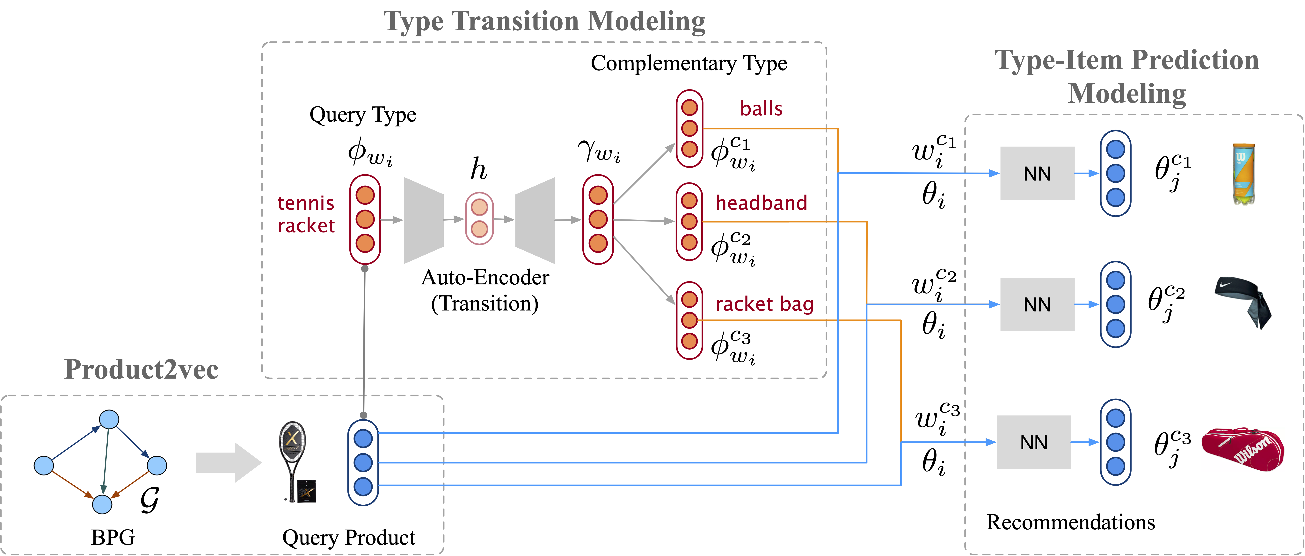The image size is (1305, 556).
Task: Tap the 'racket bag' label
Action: [764, 304]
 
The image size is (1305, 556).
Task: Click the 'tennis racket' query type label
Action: [306, 214]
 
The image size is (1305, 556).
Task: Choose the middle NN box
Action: [1037, 304]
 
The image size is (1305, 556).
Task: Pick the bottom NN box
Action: [1033, 442]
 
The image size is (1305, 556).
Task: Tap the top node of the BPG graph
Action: [109, 419]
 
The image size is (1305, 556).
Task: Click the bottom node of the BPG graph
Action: [102, 504]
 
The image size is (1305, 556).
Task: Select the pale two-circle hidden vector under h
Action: [479, 218]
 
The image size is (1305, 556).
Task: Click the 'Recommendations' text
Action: [1070, 522]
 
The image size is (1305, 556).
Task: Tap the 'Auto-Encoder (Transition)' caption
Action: [485, 290]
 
